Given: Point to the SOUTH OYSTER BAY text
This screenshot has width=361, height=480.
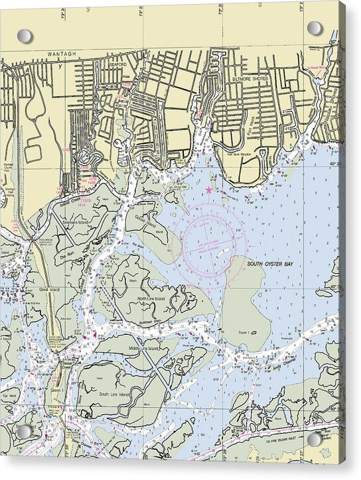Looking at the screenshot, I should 269,263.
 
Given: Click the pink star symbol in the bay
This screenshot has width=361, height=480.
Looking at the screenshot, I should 210,190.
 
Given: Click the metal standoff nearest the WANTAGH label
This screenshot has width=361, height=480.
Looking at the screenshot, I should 25,36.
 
